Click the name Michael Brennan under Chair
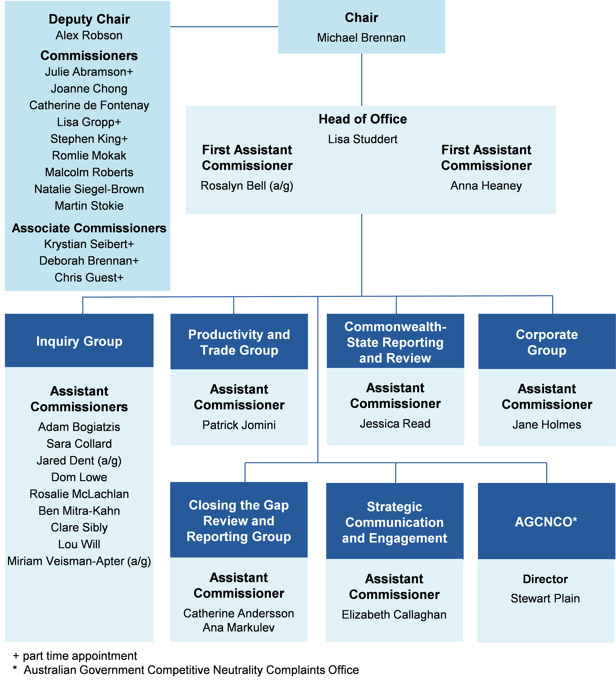[x=361, y=38]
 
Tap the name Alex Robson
[x=89, y=35]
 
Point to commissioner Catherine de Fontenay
[x=89, y=105]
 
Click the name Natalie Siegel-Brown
[x=89, y=189]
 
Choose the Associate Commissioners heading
[x=89, y=228]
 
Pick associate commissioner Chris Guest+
[x=89, y=277]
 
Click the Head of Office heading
[x=363, y=119]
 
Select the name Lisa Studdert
[x=363, y=139]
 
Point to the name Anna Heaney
[x=486, y=186]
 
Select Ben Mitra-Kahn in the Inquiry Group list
[x=79, y=511]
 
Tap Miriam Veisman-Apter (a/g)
[x=79, y=561]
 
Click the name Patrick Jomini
[x=239, y=425]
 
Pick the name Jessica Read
[x=395, y=423]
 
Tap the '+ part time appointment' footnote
[x=75, y=656]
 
